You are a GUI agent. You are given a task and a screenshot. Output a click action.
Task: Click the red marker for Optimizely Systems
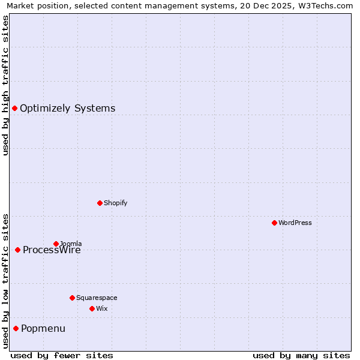(15, 108)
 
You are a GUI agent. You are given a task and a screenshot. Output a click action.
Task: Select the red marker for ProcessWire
(18, 250)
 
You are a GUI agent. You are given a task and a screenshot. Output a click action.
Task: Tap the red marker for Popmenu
(16, 328)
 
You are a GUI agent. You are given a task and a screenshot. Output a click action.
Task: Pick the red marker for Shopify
(100, 203)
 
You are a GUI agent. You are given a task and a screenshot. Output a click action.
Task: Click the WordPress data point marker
(274, 223)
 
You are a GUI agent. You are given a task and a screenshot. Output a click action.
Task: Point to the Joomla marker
(56, 244)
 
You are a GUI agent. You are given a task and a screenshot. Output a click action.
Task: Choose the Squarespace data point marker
(72, 298)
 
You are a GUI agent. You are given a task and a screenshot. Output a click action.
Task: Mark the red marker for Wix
(92, 308)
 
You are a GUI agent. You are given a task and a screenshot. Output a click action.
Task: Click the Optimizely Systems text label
(67, 109)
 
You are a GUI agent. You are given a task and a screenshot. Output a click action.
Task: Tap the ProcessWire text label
(52, 250)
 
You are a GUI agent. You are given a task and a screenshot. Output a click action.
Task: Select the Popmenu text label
(43, 329)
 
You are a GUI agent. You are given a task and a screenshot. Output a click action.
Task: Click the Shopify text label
(115, 203)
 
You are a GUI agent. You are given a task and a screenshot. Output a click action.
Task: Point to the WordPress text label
(295, 223)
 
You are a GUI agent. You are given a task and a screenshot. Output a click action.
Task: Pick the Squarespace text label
(97, 298)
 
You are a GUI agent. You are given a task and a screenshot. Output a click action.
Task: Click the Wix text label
(101, 308)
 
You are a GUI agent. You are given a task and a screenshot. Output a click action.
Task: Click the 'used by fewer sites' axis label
(62, 355)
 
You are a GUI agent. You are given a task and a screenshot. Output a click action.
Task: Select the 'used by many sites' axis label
(301, 355)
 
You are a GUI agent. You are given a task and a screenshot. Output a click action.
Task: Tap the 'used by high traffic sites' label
(5, 85)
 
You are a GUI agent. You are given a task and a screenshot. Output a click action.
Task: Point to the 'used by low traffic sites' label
(5, 281)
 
